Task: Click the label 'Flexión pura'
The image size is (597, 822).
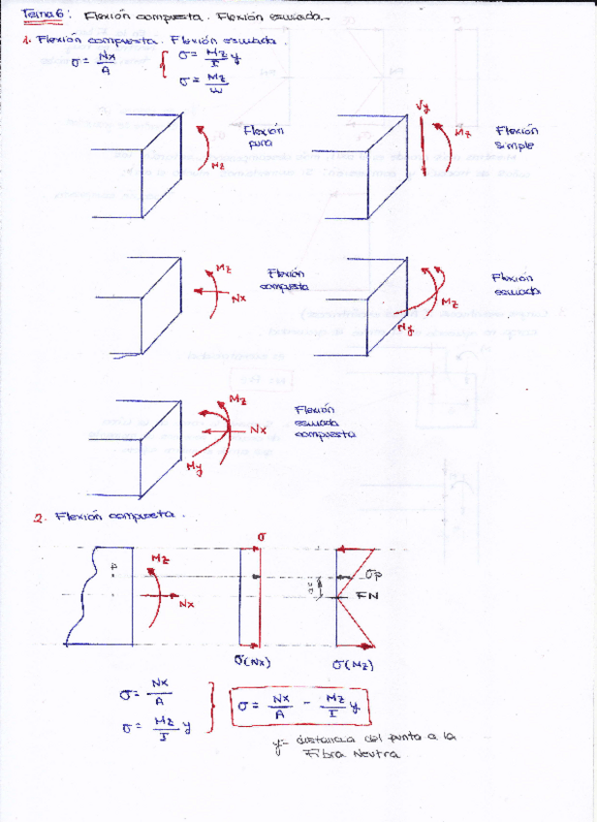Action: tap(263, 137)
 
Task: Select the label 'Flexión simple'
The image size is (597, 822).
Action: tap(517, 138)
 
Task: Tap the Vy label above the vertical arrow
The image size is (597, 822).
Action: tap(423, 106)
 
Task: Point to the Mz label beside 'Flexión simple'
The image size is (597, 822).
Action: tap(462, 132)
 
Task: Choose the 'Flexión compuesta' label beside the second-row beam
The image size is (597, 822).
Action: tap(286, 280)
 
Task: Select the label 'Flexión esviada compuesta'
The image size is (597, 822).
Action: tap(325, 423)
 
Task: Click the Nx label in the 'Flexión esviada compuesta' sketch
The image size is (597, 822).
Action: tap(257, 428)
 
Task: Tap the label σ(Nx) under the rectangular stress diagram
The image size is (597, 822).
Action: tap(252, 662)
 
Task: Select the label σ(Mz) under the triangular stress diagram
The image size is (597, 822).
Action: tap(353, 665)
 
